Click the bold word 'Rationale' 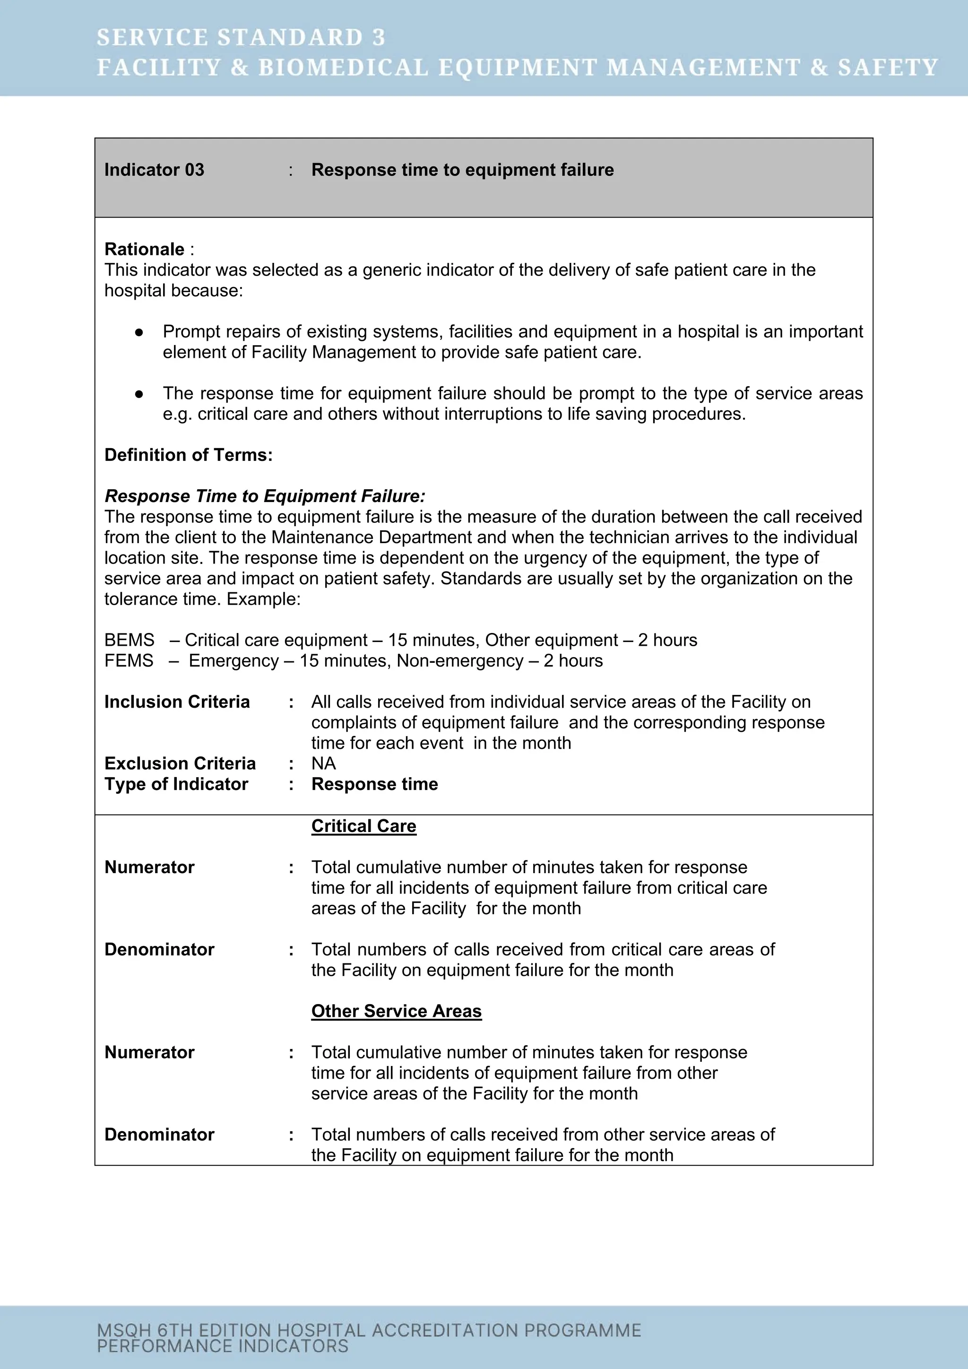pos(144,249)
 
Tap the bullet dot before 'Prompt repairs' pos(139,332)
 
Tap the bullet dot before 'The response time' pos(139,393)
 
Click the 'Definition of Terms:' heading pos(189,455)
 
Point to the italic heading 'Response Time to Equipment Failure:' pos(265,496)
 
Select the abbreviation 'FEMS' pos(129,661)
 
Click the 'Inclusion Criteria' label pos(177,702)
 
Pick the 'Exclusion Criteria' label pos(180,764)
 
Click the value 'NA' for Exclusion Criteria pos(324,764)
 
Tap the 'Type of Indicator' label pos(176,784)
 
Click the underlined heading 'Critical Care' pos(363,826)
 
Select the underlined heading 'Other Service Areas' pos(397,1011)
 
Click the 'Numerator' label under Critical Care pos(150,867)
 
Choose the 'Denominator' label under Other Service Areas pos(159,1135)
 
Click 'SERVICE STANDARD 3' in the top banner pos(241,37)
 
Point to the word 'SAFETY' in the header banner pos(888,68)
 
